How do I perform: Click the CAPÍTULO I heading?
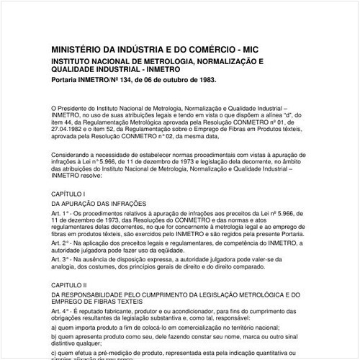[x=68, y=194]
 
